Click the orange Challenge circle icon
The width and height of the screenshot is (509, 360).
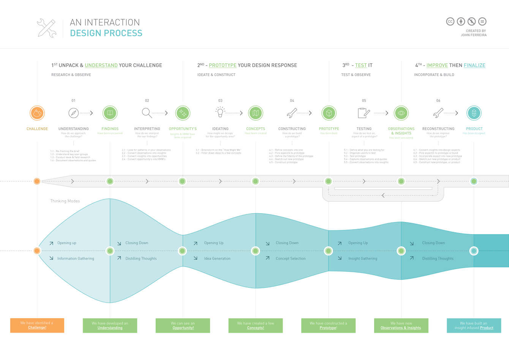(37, 113)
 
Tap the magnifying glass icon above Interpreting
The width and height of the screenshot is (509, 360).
(147, 113)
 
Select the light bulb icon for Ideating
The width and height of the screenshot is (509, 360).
(220, 112)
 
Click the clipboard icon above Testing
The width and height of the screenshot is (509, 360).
(364, 113)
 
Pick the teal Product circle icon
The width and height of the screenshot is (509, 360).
(474, 113)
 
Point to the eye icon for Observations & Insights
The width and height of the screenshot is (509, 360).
(401, 113)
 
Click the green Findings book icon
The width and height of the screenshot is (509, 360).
(110, 113)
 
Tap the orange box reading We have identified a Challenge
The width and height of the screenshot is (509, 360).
(37, 325)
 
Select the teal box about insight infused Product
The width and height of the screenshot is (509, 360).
(474, 325)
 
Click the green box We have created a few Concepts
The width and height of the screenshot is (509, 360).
(256, 325)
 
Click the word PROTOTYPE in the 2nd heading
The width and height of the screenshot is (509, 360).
(223, 65)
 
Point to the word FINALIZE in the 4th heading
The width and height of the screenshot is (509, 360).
(474, 65)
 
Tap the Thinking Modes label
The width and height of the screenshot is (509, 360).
(65, 201)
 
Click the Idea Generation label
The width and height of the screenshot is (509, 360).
(217, 259)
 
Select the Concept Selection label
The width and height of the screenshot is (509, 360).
(291, 259)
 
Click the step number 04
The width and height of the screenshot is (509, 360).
(292, 101)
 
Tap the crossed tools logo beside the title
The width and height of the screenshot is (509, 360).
(46, 28)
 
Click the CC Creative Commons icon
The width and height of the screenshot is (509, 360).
(450, 22)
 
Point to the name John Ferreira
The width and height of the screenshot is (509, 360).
(474, 35)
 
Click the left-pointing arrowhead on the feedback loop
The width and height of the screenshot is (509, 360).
(383, 195)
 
